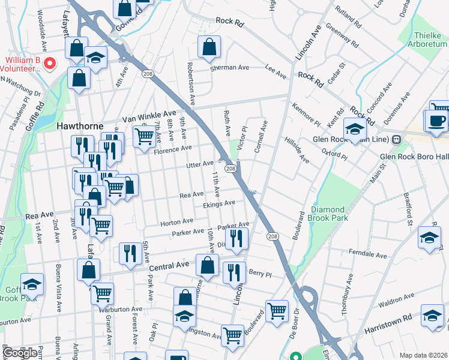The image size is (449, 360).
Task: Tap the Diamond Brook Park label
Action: [330, 214]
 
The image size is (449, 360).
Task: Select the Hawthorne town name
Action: [80, 127]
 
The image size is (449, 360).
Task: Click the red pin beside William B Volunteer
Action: [50, 62]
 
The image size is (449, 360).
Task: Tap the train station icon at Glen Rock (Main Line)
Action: [396, 140]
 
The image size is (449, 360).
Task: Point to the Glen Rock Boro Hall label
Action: [414, 158]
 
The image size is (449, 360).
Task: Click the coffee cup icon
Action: [436, 120]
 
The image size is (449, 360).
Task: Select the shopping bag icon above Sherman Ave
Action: [209, 46]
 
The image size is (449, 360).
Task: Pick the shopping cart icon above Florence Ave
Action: [144, 137]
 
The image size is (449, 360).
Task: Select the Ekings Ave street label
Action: [218, 204]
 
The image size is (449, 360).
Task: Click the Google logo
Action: [20, 353]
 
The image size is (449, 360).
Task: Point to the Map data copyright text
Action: [423, 355]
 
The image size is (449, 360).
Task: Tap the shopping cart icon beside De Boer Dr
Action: [276, 311]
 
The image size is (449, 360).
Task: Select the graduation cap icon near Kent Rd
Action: [355, 128]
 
